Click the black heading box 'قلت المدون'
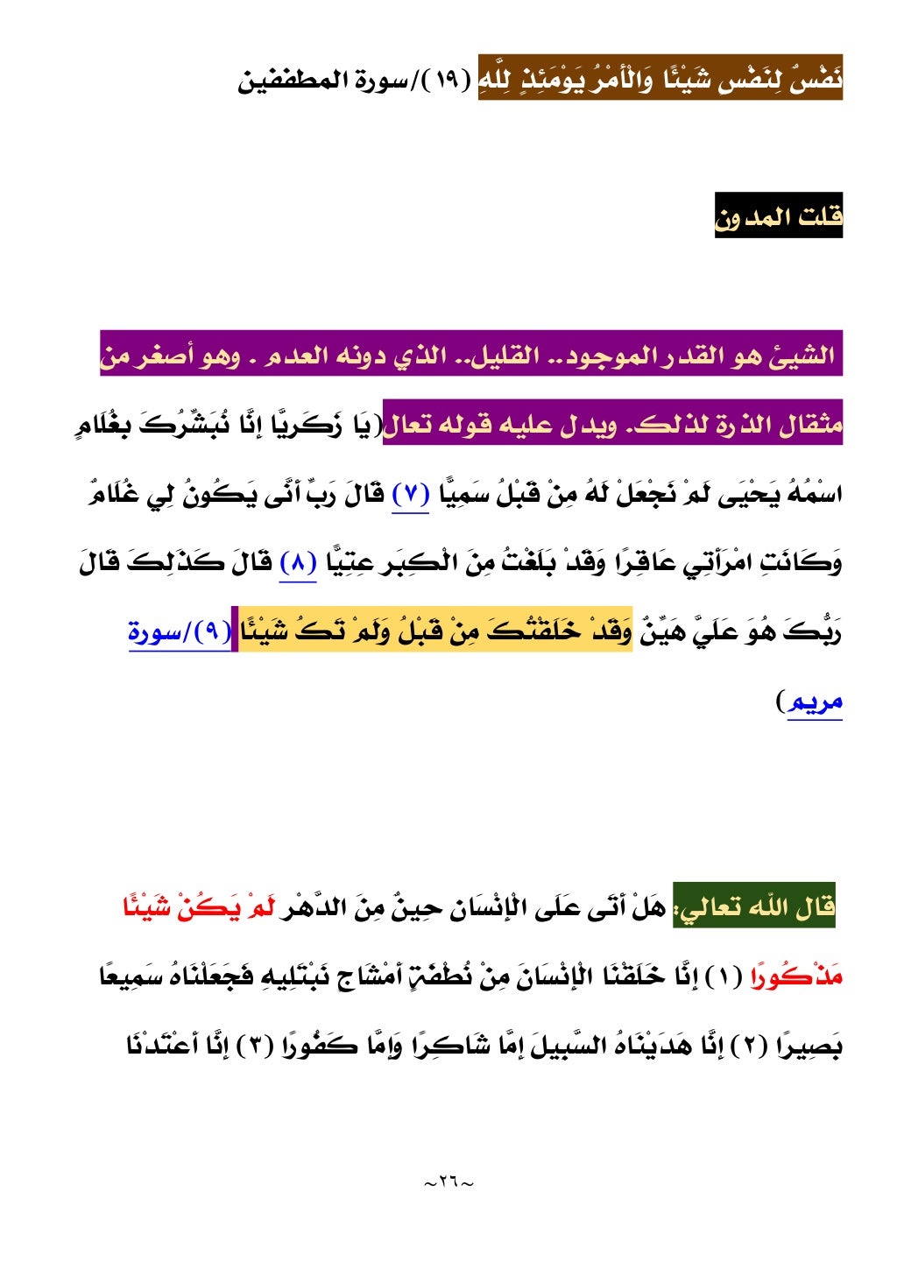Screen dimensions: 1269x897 point(778,216)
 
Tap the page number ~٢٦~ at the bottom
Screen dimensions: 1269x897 point(448,1182)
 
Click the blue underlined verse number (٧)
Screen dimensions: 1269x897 point(410,496)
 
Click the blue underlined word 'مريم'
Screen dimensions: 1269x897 point(816,701)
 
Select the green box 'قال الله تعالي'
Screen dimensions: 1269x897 point(754,906)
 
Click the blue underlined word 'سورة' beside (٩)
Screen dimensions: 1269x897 point(154,632)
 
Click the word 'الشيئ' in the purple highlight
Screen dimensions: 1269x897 point(802,356)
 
